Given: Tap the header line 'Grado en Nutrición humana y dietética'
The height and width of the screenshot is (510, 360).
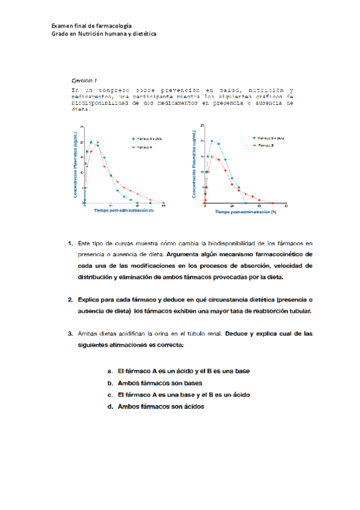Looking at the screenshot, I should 104,34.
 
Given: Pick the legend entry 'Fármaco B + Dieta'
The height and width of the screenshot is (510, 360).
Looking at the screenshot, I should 268,138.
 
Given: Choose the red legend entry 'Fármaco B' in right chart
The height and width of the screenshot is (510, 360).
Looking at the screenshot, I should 264,146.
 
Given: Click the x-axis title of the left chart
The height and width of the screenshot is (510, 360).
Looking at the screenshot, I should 124,210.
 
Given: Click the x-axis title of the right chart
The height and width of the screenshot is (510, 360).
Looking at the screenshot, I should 246,212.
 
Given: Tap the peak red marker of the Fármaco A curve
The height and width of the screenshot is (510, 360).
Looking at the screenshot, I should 97,143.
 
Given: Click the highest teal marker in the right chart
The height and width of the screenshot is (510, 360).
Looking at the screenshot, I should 210,141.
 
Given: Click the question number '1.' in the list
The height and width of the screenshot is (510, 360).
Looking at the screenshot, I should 72,244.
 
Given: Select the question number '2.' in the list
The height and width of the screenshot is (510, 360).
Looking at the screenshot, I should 72,299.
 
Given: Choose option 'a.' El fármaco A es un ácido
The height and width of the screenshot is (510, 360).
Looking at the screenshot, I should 110,371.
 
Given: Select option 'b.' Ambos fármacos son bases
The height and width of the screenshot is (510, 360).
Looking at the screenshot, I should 110,383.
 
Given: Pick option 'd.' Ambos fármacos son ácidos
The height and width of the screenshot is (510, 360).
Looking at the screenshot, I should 110,407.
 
